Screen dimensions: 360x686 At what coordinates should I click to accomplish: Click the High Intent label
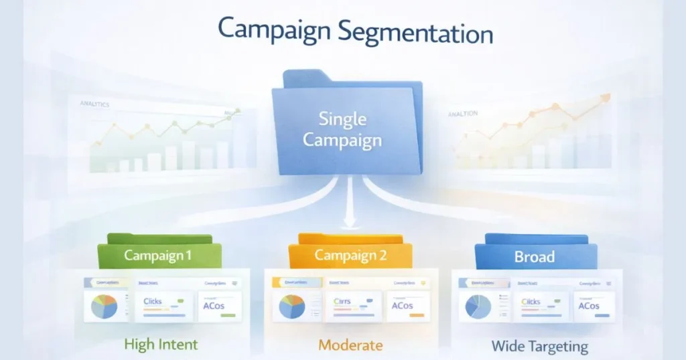pos(161,345)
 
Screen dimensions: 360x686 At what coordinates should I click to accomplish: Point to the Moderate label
pos(350,345)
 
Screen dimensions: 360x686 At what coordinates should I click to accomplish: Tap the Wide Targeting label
pos(539,346)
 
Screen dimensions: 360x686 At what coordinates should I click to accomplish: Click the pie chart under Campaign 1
pos(104,306)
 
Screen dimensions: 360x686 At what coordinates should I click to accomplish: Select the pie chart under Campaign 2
pos(291,306)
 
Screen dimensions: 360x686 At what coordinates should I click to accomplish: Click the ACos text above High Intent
pos(216,306)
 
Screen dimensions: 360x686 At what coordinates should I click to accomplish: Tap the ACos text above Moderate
pos(402,306)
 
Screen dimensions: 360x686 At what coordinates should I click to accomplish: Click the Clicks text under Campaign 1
pos(153,302)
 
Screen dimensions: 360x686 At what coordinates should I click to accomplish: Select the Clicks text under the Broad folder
pos(530,302)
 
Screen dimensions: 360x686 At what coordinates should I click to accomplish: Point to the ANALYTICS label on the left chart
pos(94,104)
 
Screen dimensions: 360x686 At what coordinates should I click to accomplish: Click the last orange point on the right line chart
pos(606,98)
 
